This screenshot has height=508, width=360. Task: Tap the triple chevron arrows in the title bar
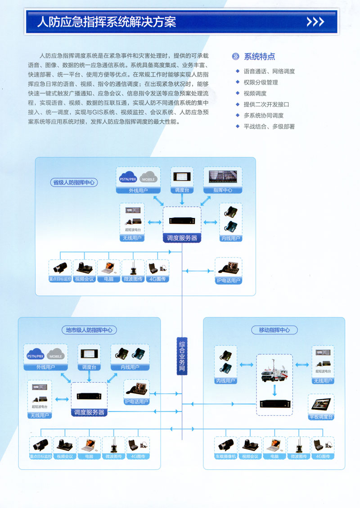[315, 22]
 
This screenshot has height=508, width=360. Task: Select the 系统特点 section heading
[259, 57]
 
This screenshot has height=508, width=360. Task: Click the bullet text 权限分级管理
[261, 82]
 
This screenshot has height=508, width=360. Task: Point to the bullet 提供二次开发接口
[266, 104]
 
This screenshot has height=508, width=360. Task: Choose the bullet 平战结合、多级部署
[269, 127]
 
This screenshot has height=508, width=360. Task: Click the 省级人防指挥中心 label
[73, 182]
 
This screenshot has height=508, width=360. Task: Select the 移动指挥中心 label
[274, 330]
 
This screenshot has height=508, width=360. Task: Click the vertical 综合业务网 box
[182, 355]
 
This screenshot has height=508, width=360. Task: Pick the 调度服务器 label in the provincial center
[182, 238]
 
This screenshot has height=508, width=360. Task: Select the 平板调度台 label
[321, 417]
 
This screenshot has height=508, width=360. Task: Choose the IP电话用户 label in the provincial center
[228, 281]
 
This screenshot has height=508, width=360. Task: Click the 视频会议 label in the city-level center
[65, 456]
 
